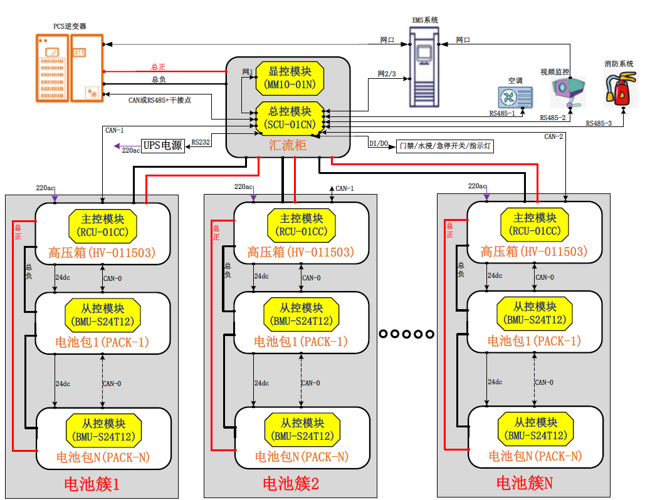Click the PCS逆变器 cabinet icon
coord(70,67)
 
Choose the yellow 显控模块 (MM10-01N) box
coord(290,78)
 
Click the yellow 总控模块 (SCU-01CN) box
coord(290,117)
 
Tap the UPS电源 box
coord(163,145)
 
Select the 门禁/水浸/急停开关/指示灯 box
coord(446,146)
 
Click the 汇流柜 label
coord(288,146)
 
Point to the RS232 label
coord(201,142)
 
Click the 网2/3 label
coord(387,74)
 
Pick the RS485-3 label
coord(599,123)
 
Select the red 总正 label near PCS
coord(159,66)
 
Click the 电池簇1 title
coord(92,484)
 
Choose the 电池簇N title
coord(524,482)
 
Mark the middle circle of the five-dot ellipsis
coord(407,334)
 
